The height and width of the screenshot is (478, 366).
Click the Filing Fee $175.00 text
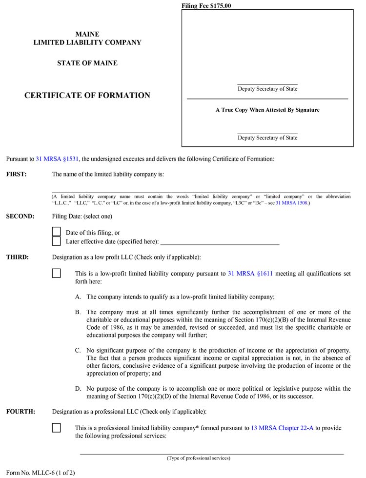pyautogui.click(x=206, y=6)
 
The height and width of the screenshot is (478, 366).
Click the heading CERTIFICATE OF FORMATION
pyautogui.click(x=87, y=96)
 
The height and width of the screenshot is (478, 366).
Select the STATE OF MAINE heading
pyautogui.click(x=87, y=63)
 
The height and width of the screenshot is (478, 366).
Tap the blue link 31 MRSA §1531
pyautogui.click(x=57, y=159)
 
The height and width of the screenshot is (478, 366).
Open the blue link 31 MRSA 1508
pyautogui.click(x=291, y=202)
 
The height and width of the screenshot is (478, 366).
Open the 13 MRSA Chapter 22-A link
pyautogui.click(x=282, y=428)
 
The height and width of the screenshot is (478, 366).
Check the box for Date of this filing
pyautogui.click(x=57, y=232)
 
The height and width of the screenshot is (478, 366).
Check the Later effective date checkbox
pyautogui.click(x=57, y=241)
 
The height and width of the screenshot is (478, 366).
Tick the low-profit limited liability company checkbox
pyautogui.click(x=57, y=274)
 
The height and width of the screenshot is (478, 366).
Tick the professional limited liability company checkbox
pyautogui.click(x=57, y=428)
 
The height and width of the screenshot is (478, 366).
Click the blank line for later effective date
pyautogui.click(x=220, y=242)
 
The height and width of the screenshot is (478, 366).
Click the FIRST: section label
pyautogui.click(x=17, y=174)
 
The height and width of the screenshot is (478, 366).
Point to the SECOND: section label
pyautogui.click(x=20, y=217)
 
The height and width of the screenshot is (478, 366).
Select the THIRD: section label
pyautogui.click(x=18, y=257)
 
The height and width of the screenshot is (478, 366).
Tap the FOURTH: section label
pyautogui.click(x=20, y=412)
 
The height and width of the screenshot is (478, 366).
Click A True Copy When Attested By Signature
pyautogui.click(x=267, y=110)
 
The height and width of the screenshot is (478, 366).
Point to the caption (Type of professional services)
pyautogui.click(x=199, y=458)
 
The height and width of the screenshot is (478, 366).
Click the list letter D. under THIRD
pyautogui.click(x=78, y=389)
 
